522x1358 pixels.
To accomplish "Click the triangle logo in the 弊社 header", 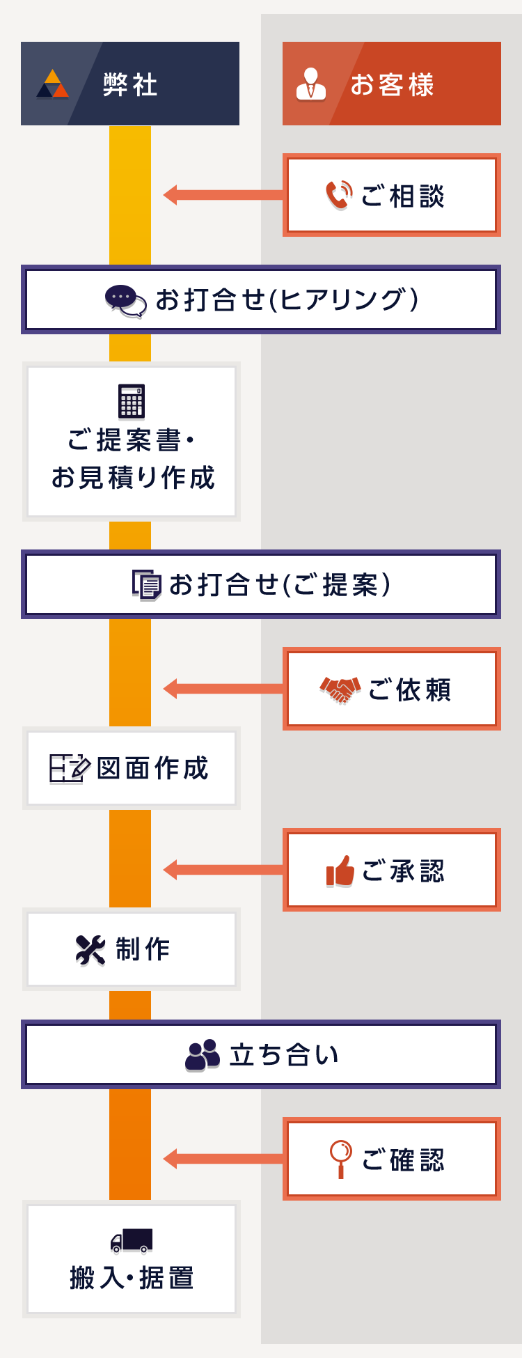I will click(53, 84).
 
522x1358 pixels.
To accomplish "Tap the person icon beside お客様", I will click(311, 84).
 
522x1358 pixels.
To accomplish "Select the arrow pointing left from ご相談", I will click(223, 195).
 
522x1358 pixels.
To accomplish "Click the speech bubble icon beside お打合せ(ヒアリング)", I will click(125, 300).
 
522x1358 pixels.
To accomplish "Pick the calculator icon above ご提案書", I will click(132, 402).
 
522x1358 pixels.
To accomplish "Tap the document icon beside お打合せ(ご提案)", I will click(147, 585).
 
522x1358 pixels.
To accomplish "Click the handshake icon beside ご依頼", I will click(340, 689).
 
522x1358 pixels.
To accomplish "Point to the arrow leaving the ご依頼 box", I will click(223, 689).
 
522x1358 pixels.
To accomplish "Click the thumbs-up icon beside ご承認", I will click(340, 871).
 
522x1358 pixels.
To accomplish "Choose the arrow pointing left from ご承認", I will click(223, 870).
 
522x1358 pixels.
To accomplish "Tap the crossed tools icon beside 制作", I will click(90, 950).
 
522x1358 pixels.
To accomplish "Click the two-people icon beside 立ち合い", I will click(203, 1055).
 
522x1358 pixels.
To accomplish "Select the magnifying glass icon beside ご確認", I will click(340, 1159).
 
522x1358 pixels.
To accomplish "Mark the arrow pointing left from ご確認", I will click(223, 1159).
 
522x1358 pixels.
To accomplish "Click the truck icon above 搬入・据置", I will click(132, 1240).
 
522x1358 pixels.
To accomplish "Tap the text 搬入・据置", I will click(132, 1279).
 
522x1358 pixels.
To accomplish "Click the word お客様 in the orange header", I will click(392, 85).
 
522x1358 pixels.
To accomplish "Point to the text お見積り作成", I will click(133, 478).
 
